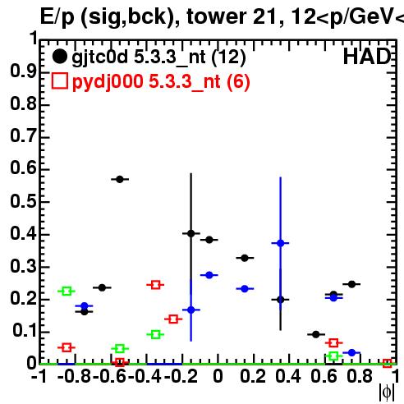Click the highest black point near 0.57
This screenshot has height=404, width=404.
click(x=120, y=179)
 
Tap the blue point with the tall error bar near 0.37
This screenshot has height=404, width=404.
click(x=281, y=243)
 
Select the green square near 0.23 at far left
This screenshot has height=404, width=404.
click(x=67, y=291)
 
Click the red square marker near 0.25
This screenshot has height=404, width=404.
click(x=155, y=285)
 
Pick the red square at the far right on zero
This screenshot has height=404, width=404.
click(x=387, y=363)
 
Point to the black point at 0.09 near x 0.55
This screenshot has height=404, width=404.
click(x=316, y=334)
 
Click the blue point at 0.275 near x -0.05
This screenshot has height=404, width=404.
click(x=209, y=275)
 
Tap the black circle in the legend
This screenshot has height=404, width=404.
click(x=59, y=57)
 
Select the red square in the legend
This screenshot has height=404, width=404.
click(x=60, y=80)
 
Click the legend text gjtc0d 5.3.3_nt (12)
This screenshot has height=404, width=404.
click(x=158, y=57)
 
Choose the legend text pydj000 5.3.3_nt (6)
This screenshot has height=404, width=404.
click(x=161, y=81)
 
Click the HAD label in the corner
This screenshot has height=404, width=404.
click(x=367, y=57)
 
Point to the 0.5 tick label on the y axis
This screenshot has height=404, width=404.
click(x=23, y=201)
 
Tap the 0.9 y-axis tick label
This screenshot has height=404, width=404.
click(x=23, y=71)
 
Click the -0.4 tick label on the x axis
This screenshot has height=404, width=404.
click(x=145, y=377)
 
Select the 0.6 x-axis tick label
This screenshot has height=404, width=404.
click(x=324, y=377)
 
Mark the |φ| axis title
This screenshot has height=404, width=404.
click(x=387, y=393)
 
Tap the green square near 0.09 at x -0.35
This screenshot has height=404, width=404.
click(x=155, y=334)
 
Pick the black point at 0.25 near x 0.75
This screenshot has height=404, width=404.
click(x=351, y=284)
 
